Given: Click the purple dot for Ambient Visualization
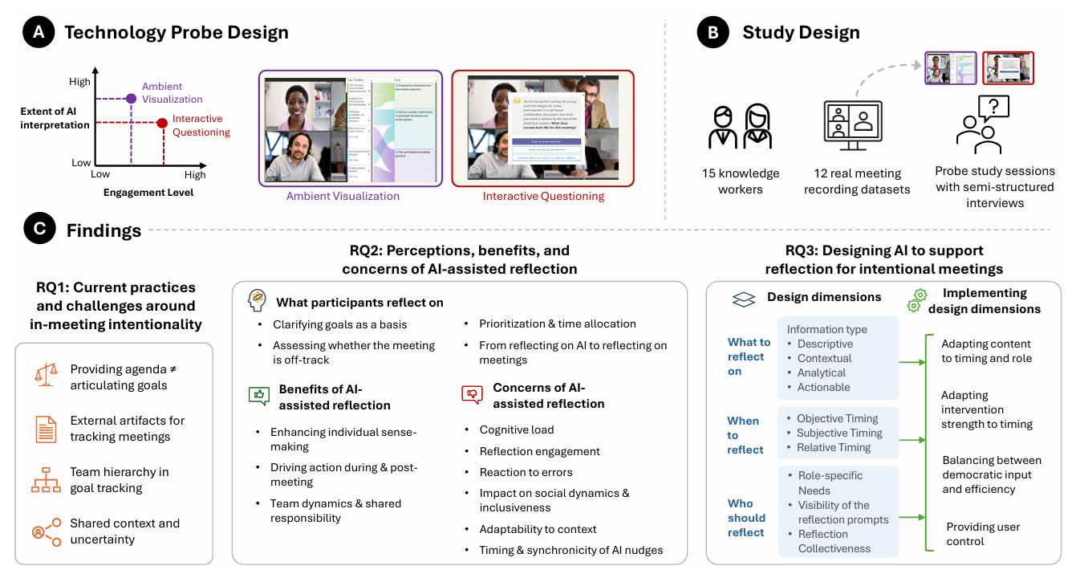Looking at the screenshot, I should (x=132, y=98).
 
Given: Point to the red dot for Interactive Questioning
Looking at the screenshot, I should (x=162, y=123).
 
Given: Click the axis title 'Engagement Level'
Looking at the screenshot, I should (x=148, y=193).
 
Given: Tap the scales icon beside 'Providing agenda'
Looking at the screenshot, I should (x=46, y=374).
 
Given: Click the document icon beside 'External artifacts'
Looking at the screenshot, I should (x=46, y=429).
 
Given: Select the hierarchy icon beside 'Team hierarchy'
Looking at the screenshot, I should (x=46, y=480).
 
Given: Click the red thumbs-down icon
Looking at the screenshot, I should (x=472, y=393).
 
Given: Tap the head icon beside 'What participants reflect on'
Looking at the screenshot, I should (x=256, y=300).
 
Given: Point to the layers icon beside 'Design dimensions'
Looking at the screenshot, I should (x=744, y=299).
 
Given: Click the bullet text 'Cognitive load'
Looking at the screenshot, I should (x=517, y=429).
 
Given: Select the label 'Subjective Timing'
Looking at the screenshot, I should (x=839, y=433).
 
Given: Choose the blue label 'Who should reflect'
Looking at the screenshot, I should (x=746, y=518).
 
